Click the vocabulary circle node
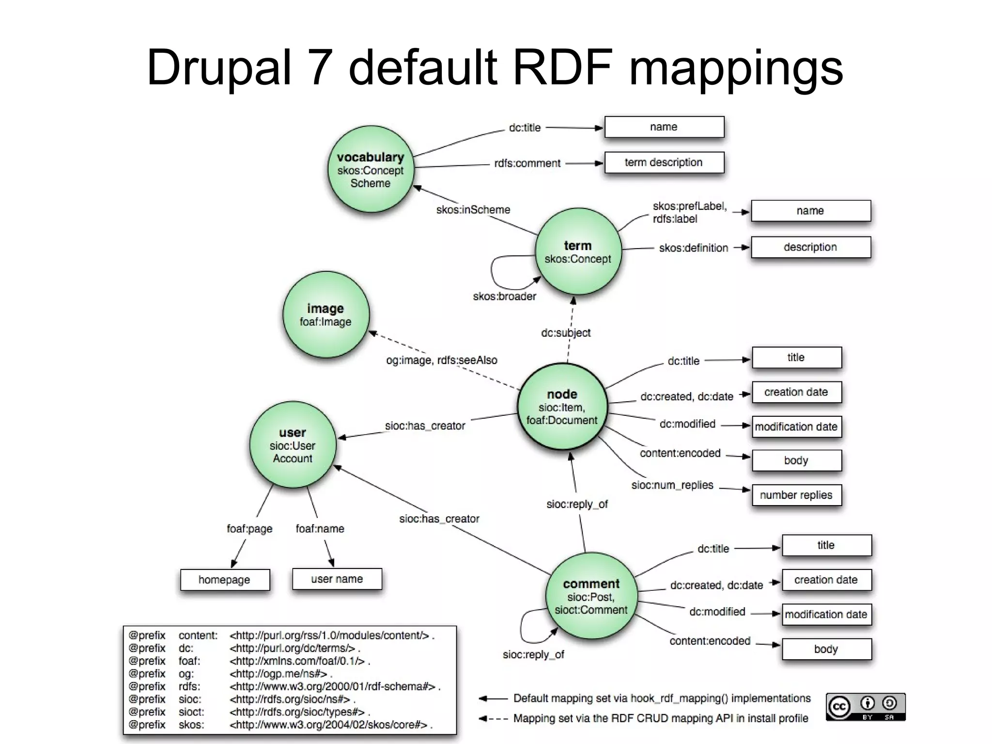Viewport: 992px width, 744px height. [371, 169]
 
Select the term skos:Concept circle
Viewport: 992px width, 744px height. [578, 251]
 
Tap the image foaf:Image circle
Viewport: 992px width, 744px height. [325, 315]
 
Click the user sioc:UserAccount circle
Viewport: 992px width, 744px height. [293, 444]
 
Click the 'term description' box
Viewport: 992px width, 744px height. [664, 162]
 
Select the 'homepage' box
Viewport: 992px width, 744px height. [225, 580]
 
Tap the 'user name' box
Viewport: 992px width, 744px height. [337, 579]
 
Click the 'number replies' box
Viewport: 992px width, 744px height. [796, 495]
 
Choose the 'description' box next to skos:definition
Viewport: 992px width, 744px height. [810, 247]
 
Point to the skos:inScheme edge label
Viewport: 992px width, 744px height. [473, 210]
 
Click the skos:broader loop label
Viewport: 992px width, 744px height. [504, 296]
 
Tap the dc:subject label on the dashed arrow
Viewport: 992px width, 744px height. [566, 332]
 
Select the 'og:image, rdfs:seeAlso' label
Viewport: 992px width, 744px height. [441, 360]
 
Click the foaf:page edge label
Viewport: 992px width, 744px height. [249, 528]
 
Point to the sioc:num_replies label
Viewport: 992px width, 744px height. [672, 485]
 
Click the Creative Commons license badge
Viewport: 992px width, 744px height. [865, 707]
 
